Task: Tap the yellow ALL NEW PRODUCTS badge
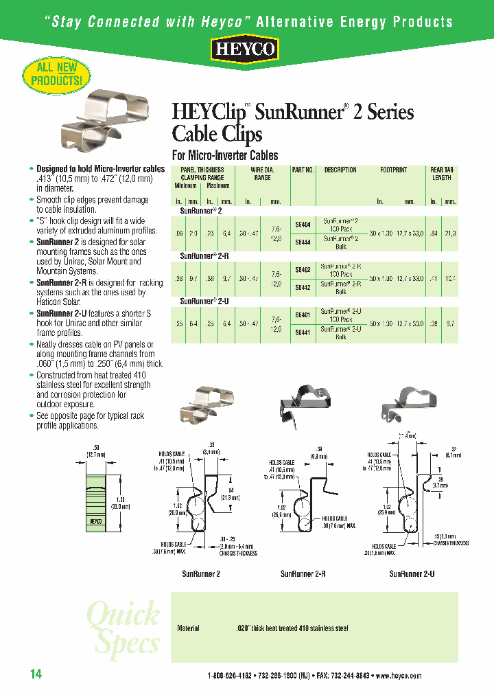57,74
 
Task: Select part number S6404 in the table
302,224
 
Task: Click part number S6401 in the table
302,315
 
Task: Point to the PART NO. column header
303,170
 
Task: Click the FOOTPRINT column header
393,170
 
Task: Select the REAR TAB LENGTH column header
441,174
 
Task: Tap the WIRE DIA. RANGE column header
262,174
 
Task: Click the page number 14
36,674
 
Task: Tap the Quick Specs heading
123,628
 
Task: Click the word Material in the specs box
188,628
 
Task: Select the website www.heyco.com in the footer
399,676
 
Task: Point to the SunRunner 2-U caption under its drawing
412,573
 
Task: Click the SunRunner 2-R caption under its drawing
303,573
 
